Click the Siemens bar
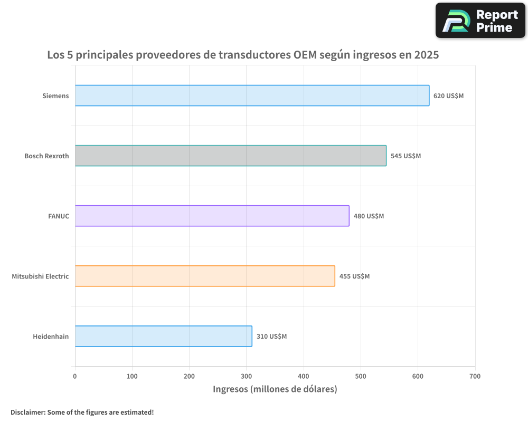[252, 95]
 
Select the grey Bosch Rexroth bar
[230, 156]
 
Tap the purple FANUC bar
[212, 216]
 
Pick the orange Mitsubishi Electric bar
[205, 276]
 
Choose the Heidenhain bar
[163, 336]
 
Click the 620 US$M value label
[448, 96]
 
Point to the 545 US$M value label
[406, 156]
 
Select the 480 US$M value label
[369, 216]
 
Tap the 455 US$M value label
[354, 276]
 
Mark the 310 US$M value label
[271, 337]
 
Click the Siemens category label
[55, 96]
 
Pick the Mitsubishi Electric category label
[40, 276]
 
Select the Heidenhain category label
[51, 337]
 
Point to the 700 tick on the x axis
[475, 377]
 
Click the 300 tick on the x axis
[246, 377]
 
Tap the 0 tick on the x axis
[75, 377]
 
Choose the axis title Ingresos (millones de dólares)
[275, 389]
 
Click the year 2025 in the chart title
[426, 54]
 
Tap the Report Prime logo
[480, 21]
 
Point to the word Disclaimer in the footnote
[27, 412]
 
